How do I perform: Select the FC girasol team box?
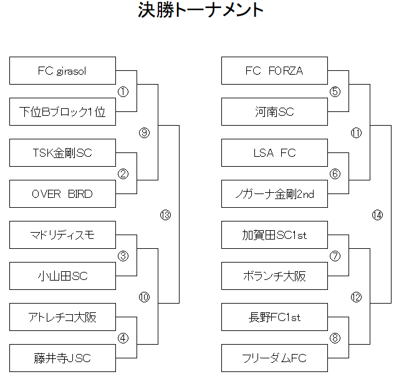[x=62, y=71]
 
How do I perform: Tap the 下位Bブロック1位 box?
[x=62, y=112]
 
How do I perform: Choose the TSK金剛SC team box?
[x=62, y=153]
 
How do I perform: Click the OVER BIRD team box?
[x=62, y=194]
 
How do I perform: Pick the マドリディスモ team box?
[x=62, y=235]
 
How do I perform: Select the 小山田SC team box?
[x=62, y=276]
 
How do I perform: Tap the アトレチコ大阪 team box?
[x=62, y=317]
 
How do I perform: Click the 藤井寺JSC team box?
[x=62, y=358]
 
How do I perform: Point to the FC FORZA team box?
[x=274, y=71]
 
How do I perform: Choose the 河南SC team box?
[x=274, y=112]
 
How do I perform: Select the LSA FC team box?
[x=274, y=153]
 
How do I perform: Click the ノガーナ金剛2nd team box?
[x=274, y=194]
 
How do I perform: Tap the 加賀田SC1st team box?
[x=274, y=235]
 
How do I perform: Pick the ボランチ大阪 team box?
[x=274, y=276]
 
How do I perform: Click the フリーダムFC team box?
[x=274, y=358]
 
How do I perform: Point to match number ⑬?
[x=165, y=215]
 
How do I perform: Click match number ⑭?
[x=377, y=215]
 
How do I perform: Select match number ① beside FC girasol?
[x=123, y=92]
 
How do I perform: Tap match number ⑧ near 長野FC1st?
[x=335, y=338]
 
